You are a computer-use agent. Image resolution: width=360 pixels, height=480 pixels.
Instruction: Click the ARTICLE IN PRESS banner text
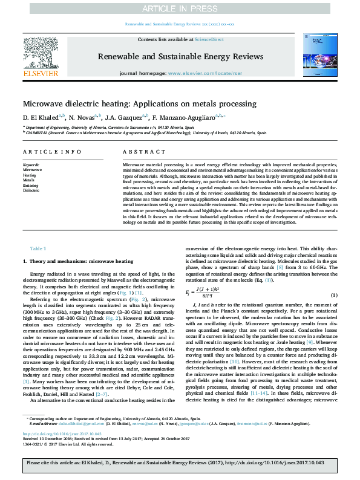[180, 8]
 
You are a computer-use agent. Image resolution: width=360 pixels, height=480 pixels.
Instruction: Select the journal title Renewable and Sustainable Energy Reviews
[180, 54]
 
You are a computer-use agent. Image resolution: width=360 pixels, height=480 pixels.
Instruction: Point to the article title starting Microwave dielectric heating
[140, 103]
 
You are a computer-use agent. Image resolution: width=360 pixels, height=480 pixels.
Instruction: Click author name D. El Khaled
[40, 116]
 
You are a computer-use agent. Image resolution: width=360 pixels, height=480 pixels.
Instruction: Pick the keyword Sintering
[30, 185]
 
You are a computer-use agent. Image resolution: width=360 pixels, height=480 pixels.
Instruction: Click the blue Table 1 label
[38, 249]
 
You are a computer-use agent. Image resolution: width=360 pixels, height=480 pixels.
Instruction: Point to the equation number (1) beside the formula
[334, 295]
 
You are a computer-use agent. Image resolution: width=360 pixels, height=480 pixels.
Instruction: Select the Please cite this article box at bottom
[180, 463]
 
